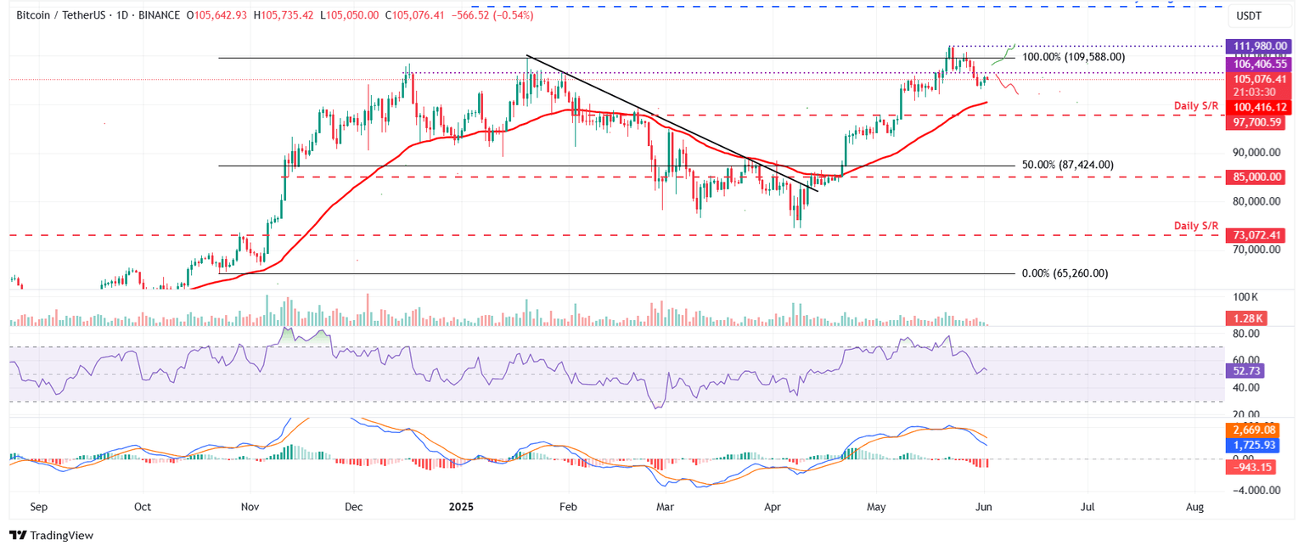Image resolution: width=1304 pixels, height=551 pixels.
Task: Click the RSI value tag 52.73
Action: (x=1245, y=371)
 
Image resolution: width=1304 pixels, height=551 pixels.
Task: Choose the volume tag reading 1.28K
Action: (x=1245, y=318)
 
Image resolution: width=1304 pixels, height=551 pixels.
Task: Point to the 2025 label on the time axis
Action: (x=462, y=507)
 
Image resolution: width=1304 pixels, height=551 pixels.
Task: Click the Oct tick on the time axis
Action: (x=142, y=507)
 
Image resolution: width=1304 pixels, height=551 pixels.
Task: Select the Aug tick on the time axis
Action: (x=1194, y=507)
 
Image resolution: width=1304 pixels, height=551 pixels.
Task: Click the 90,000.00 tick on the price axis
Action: (x=1256, y=153)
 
